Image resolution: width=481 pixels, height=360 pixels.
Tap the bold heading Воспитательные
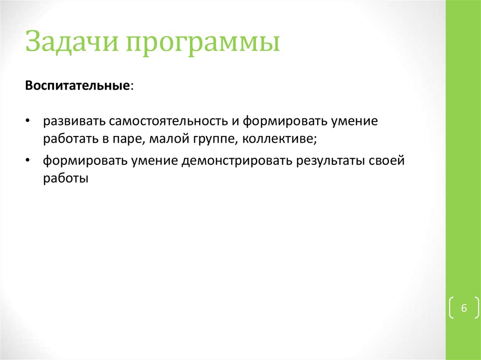[x=78, y=86]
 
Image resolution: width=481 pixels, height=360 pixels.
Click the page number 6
[x=464, y=308]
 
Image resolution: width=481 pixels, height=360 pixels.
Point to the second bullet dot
[x=29, y=161]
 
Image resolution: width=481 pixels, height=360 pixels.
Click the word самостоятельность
[x=169, y=122]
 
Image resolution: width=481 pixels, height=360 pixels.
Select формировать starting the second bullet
[x=85, y=161]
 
